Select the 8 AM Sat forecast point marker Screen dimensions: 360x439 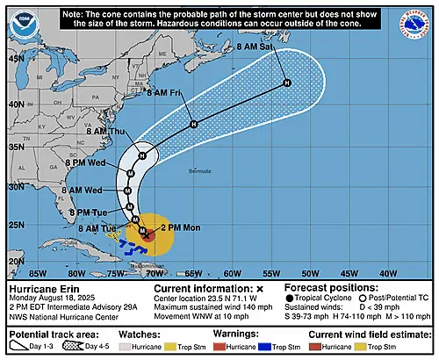coord(286,83)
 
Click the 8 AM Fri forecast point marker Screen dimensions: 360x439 coord(194,125)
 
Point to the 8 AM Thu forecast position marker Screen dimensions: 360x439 coord(141,155)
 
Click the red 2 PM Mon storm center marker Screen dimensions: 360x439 coord(148,235)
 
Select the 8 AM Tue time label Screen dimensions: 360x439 coord(97,228)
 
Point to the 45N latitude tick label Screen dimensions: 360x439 coord(16,58)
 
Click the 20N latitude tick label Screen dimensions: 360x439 coord(16,261)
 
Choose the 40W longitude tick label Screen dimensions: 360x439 coord(386,274)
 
